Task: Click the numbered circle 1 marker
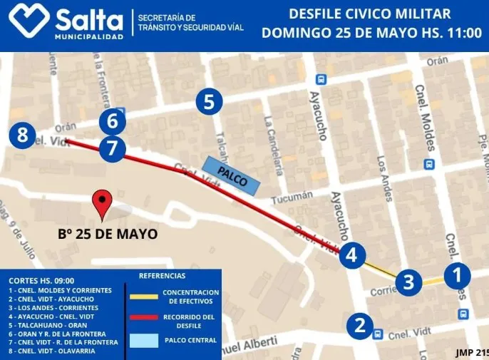458,274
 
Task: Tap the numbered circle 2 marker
360,326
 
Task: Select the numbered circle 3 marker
408,282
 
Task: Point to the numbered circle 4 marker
352,254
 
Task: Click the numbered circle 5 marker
208,102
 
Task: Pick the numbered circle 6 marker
112,121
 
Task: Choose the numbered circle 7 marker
112,148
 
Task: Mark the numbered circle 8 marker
23,135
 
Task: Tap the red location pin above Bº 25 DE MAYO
105,205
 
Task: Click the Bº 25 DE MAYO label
108,233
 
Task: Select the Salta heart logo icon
29,21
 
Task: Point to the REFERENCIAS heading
162,276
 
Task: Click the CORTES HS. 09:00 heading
42,281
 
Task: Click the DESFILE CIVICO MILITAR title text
371,14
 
